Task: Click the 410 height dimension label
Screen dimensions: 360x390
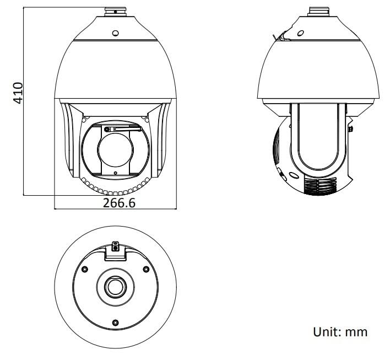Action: coord(18,93)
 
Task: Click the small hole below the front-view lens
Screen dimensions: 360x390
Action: coord(115,173)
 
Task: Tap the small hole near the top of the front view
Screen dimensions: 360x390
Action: coord(115,33)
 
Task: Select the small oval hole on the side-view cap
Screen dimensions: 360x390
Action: coord(300,33)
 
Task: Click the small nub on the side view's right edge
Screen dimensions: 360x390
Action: coord(351,129)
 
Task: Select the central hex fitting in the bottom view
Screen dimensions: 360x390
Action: coord(115,286)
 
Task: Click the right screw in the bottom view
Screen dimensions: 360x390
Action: coord(145,269)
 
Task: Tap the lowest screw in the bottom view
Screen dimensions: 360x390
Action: coord(115,322)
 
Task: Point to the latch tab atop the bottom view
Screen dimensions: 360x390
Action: coord(115,247)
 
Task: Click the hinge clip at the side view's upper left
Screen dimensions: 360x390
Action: coord(280,36)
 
